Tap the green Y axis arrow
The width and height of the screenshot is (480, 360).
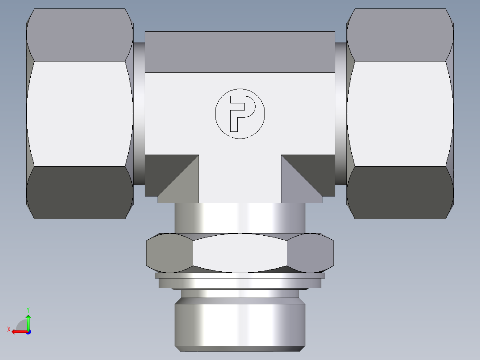point(28,320)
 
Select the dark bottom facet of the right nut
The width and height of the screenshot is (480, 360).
point(400,192)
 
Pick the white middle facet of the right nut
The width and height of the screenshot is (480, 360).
point(400,114)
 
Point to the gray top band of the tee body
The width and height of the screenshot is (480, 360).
point(240,52)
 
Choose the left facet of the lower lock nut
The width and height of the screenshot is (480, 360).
point(169,253)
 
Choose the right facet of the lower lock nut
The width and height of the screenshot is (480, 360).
point(310,253)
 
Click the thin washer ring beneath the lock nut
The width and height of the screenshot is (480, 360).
point(240,276)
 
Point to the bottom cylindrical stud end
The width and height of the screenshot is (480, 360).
point(240,323)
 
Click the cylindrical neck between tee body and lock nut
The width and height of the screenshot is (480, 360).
point(240,217)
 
